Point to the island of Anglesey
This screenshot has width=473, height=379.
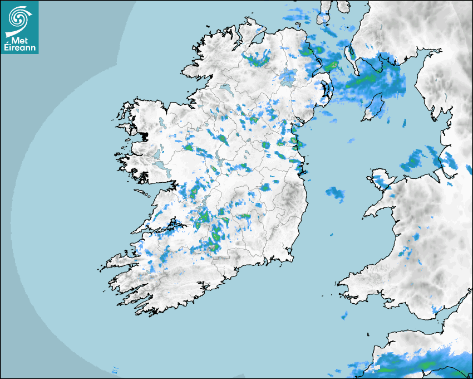pyautogui.click(x=382, y=179)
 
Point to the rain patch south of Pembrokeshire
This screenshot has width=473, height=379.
pyautogui.click(x=344, y=315)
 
